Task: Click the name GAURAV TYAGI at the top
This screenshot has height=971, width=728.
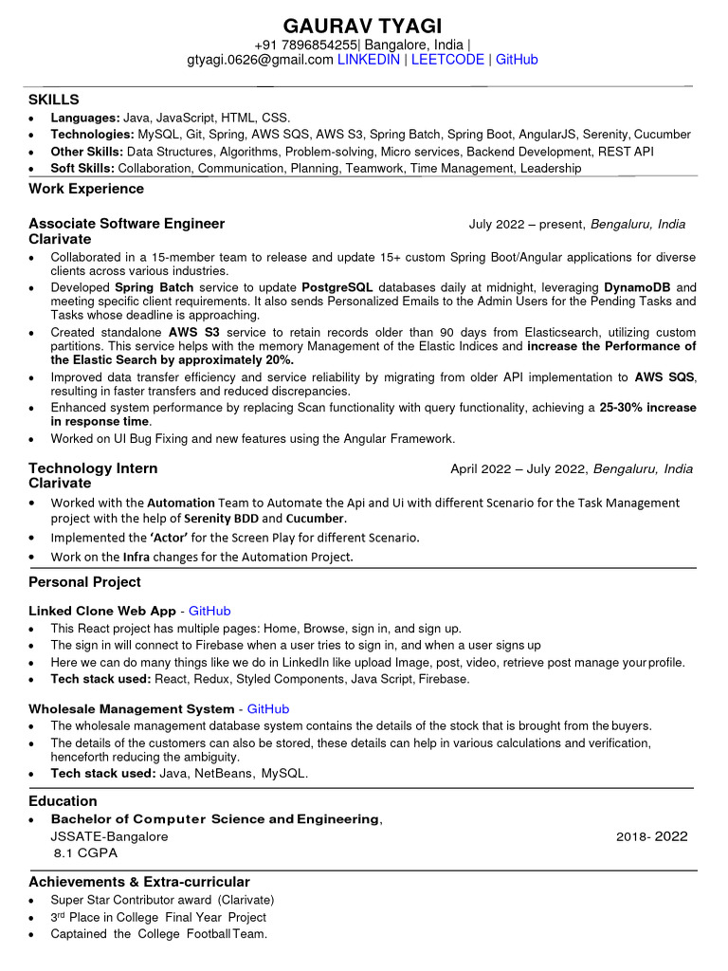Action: click(363, 26)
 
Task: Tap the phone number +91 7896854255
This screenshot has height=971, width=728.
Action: click(306, 45)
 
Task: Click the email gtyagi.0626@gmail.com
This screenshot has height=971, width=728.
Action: click(260, 60)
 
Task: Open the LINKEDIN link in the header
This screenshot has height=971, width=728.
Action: click(369, 60)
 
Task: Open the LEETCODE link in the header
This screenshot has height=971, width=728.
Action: click(447, 60)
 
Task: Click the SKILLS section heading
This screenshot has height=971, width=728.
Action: click(54, 100)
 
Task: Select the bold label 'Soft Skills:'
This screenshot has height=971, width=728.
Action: click(82, 168)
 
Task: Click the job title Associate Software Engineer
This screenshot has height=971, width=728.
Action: click(127, 224)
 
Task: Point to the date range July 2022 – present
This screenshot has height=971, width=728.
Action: click(526, 225)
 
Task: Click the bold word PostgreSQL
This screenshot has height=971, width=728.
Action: click(337, 287)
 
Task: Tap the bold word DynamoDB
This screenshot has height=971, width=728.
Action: click(637, 287)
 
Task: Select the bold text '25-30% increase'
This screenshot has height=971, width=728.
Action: click(647, 408)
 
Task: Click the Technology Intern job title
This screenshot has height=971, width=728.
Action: click(93, 468)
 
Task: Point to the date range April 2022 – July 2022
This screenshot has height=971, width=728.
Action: click(519, 468)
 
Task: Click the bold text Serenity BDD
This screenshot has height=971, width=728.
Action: click(220, 519)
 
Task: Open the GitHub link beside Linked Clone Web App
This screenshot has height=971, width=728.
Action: click(209, 611)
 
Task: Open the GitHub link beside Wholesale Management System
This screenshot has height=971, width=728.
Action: click(268, 708)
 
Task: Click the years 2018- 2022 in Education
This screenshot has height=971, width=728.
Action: click(651, 836)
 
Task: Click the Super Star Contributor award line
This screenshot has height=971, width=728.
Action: click(162, 900)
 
